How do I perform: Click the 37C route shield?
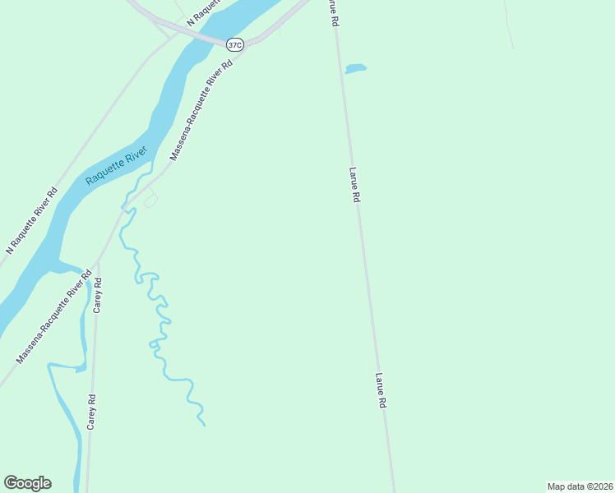pos(235,45)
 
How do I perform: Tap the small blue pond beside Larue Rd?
pos(355,69)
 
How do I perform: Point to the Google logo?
pos(28,483)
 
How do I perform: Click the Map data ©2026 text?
pos(580,486)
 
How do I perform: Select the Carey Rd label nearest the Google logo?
pos(93,412)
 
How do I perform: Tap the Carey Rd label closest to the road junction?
pos(98,295)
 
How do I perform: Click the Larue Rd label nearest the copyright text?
pos(381,391)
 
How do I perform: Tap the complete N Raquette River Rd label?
pos(32,220)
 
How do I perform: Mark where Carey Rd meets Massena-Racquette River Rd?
pos(97,264)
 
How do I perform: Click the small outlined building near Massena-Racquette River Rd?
pos(150,200)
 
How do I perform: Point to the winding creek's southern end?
pos(204,425)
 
